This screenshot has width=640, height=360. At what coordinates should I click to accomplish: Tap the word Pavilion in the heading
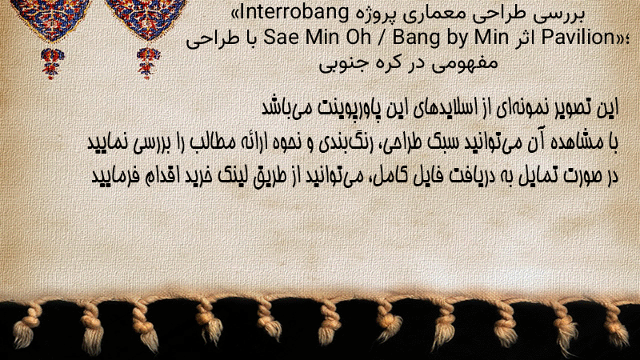tap(578, 38)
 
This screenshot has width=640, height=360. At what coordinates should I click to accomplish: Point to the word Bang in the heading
tap(413, 38)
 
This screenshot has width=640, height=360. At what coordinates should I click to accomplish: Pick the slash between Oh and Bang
tap(382, 38)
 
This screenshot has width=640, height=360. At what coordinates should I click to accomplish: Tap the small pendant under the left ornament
tap(52, 63)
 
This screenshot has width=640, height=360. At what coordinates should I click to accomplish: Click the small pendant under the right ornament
tap(148, 62)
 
